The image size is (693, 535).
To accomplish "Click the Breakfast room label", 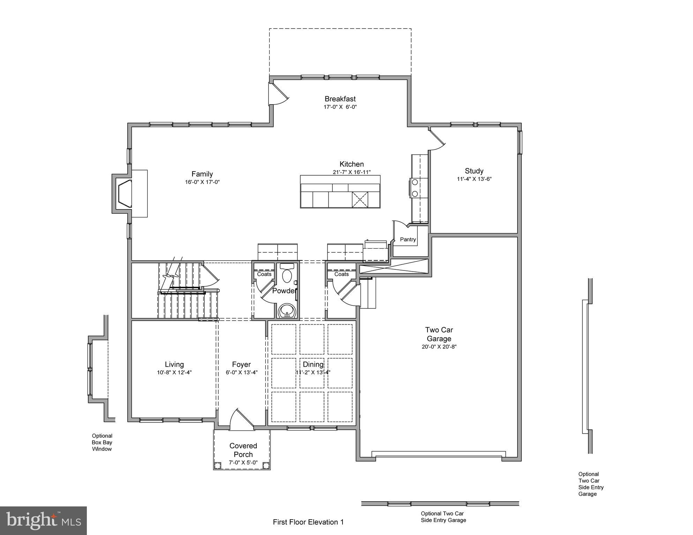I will tap(340, 99).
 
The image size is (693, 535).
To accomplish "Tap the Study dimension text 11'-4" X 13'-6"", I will tap(474, 179).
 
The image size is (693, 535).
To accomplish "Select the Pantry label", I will tap(408, 239).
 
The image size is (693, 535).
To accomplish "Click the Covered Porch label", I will tap(243, 450).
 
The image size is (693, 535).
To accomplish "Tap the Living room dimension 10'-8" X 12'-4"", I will tap(174, 373).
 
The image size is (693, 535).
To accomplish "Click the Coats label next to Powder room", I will tap(264, 274).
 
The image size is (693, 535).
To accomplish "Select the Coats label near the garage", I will tap(341, 274).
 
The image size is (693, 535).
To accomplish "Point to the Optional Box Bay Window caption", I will tap(102, 442).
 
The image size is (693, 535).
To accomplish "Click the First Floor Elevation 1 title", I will tap(308, 522).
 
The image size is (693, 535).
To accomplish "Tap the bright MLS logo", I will tap(43, 520).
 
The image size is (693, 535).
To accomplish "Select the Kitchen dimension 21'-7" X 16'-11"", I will tap(352, 172).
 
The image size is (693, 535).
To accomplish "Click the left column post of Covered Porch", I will tap(218, 465).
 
